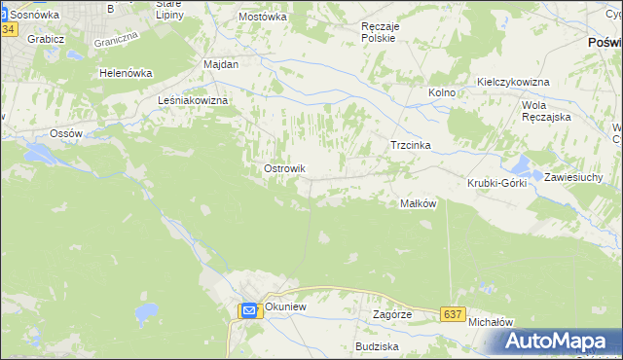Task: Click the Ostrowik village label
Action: [284, 168]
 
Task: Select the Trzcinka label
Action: [410, 145]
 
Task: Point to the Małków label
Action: [418, 203]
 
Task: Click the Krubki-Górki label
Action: [496, 183]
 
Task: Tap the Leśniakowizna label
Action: [193, 100]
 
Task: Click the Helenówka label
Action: [128, 73]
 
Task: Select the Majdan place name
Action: [221, 63]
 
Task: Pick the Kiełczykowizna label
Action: [513, 82]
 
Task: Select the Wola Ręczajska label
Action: [546, 110]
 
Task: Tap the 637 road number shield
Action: [451, 314]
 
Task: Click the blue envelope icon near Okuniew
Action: [248, 310]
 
